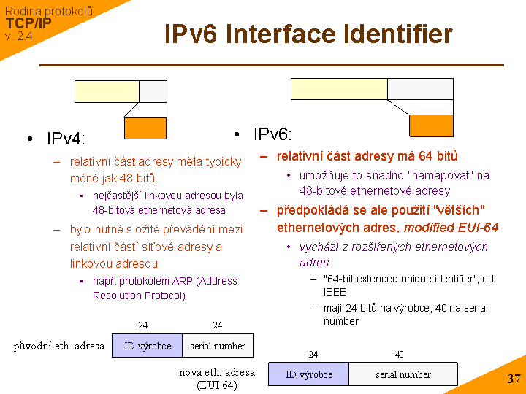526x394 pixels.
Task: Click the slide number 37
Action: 514,379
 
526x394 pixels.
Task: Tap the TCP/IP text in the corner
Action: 28,23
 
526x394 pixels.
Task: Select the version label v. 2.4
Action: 18,36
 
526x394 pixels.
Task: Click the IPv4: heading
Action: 66,139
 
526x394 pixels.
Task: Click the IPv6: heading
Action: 272,134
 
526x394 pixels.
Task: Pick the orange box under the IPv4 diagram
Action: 145,128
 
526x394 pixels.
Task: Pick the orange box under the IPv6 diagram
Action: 431,125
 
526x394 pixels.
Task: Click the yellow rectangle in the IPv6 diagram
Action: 339,88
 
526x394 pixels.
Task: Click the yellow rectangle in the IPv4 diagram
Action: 107,91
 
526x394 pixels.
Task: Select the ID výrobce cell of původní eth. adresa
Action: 148,346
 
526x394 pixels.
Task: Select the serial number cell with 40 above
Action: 403,374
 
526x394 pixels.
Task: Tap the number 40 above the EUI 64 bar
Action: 399,355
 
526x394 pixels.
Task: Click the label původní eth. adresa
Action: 59,346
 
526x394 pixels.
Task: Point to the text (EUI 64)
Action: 217,385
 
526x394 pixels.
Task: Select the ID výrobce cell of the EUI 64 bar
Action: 309,374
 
